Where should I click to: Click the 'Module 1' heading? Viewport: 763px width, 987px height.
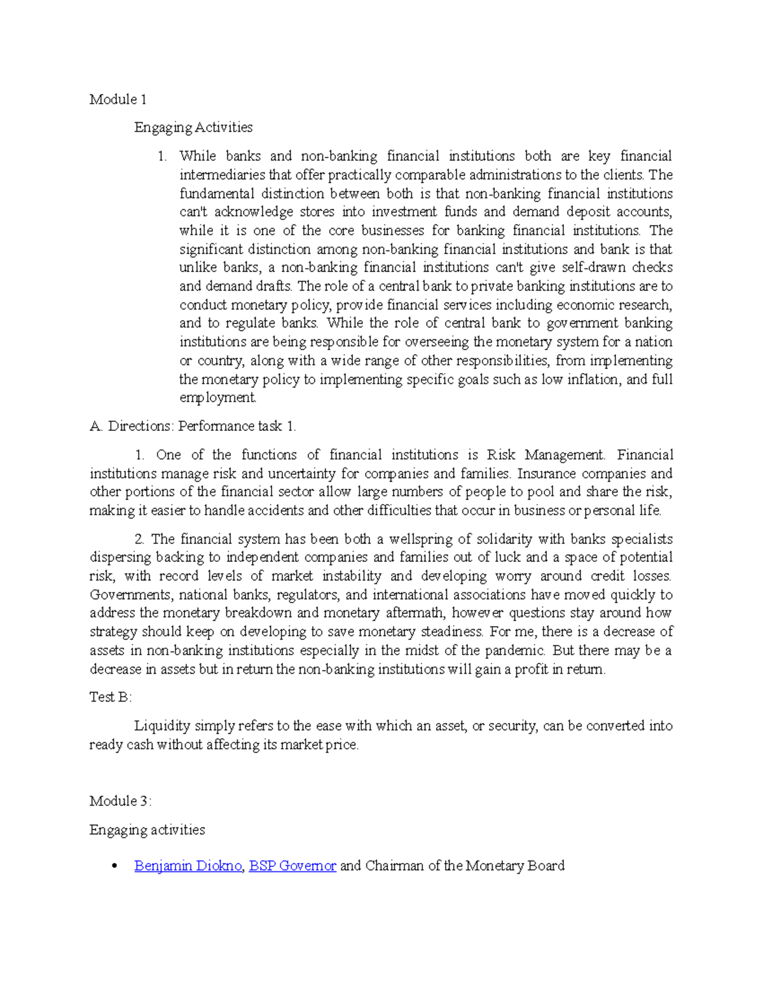coord(118,99)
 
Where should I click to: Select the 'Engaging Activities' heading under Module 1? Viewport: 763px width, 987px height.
coord(193,127)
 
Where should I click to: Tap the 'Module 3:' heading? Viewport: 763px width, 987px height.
coord(120,801)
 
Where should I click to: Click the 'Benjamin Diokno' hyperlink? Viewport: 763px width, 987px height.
coord(188,866)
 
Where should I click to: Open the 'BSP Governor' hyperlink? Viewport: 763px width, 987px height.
coord(292,866)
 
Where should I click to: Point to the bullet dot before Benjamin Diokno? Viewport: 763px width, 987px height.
coord(114,866)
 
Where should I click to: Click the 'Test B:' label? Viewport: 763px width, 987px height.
coord(111,697)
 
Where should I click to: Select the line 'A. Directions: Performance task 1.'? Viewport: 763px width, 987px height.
coord(193,426)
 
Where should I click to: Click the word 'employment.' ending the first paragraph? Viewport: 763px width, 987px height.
coord(217,398)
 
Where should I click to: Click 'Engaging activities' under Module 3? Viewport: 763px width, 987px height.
coord(148,830)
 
